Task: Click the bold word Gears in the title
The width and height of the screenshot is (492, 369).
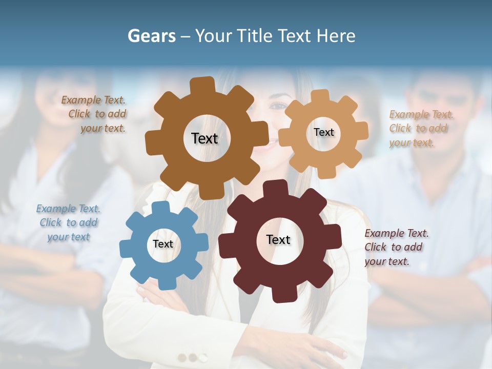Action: (x=152, y=36)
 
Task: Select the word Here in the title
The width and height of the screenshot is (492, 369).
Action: (x=336, y=36)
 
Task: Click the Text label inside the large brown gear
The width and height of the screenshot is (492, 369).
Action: (x=204, y=138)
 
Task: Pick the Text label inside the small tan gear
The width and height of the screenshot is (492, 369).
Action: (x=323, y=132)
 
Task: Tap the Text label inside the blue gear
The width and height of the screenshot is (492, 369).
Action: (x=163, y=244)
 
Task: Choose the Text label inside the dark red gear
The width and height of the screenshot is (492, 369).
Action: (x=278, y=240)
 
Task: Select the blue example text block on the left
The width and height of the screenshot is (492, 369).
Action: (x=68, y=223)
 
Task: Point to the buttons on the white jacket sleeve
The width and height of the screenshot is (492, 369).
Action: (x=192, y=357)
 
